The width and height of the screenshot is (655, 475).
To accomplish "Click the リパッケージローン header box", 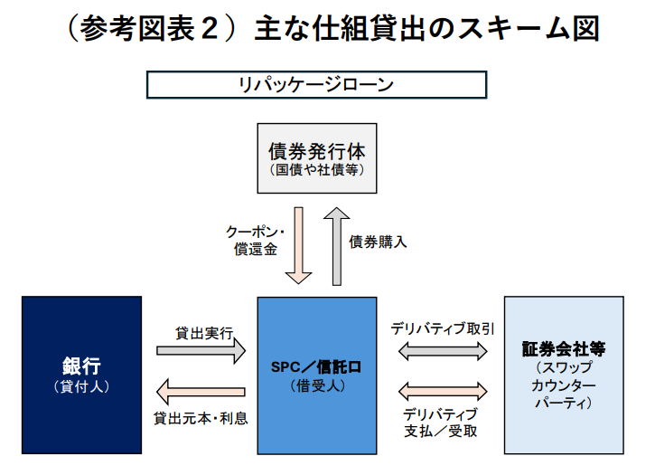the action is (316, 85).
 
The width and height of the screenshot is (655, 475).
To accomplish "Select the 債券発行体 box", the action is (317, 158).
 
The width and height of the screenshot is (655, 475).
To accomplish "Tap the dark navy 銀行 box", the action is (82, 375).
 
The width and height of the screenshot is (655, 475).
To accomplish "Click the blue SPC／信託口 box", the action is (317, 375).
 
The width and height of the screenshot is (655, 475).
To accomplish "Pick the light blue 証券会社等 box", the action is (564, 375).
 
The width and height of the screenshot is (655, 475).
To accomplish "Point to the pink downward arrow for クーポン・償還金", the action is (298, 246).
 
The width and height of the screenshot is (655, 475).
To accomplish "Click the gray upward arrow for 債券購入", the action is (337, 246).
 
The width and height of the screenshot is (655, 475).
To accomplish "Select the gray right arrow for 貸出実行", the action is (201, 351).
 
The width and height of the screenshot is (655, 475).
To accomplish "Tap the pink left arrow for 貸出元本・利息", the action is (201, 392).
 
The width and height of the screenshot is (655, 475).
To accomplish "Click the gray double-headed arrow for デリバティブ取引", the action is (443, 351).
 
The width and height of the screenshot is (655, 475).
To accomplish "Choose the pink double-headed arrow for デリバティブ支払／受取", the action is (443, 392).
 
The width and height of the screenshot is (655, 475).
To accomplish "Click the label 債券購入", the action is (378, 242).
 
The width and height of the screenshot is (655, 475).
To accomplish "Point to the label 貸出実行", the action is (204, 334).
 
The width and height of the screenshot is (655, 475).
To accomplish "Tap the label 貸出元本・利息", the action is (201, 418).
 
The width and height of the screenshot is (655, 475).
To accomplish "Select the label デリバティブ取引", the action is (443, 329).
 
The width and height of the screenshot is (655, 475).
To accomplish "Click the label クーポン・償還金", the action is (256, 241).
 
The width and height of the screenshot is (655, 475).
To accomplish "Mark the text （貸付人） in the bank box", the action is (82, 386).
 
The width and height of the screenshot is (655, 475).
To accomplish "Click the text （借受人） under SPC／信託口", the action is (317, 385).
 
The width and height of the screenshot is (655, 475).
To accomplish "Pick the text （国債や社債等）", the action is (317, 170).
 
